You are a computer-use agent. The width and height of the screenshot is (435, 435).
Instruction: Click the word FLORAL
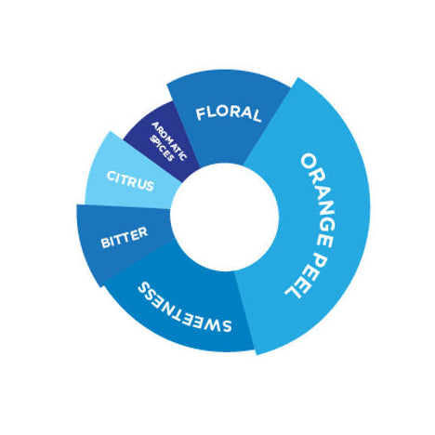pos(229,113)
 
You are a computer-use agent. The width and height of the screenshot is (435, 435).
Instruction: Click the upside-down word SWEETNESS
pos(185,308)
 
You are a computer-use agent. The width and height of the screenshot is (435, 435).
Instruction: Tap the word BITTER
pos(125,238)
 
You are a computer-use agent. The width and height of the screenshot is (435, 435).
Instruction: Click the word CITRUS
pos(130,181)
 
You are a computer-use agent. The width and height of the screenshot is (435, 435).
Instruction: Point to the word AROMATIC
pos(170,141)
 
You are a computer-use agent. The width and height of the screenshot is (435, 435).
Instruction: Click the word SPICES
pos(161,148)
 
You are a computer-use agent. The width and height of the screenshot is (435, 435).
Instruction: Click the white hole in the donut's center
pos(224,217)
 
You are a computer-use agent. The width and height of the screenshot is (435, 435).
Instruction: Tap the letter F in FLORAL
pos(201,114)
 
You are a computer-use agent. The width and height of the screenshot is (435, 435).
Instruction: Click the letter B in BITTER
pos(105,243)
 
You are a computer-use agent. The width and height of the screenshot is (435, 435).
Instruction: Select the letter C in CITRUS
pos(111,177)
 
